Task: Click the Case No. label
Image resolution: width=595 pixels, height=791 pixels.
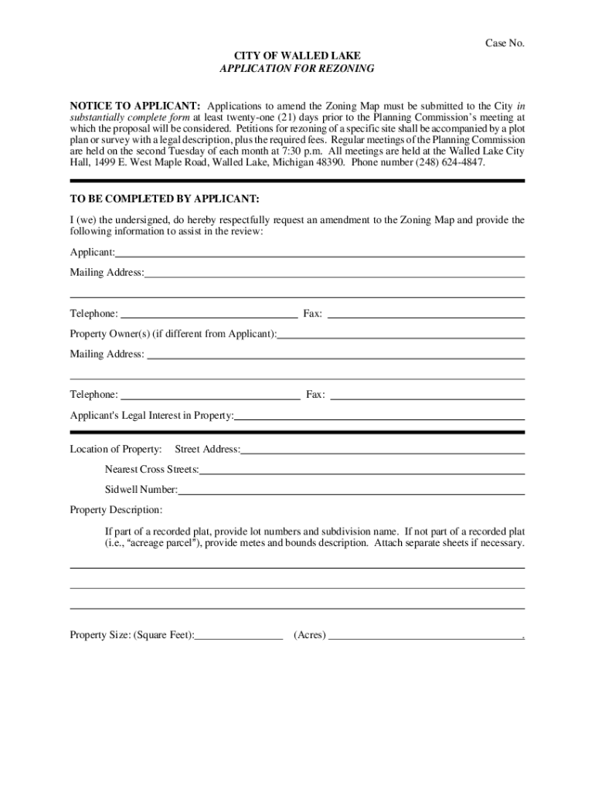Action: point(505,43)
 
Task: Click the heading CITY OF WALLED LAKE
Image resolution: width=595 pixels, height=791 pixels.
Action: point(297,56)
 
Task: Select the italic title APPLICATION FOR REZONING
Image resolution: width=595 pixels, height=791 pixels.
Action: point(297,69)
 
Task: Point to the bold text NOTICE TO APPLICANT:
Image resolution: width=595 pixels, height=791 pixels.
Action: point(135,106)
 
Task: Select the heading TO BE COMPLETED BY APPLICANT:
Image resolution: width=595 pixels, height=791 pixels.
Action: point(165,199)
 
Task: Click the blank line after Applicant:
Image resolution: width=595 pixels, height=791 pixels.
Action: point(320,254)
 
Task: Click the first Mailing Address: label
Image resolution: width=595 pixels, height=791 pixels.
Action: point(107,273)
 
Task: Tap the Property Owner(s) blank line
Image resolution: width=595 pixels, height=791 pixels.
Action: point(401,336)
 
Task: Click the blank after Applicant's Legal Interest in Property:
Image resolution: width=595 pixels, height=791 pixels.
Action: point(379,417)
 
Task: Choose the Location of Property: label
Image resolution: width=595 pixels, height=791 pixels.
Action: point(116,450)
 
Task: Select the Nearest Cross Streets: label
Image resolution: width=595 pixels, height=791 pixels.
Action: point(151,470)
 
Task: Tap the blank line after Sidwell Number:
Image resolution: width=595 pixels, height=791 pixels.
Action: point(352,491)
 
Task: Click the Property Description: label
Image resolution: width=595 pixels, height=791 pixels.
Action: point(116,510)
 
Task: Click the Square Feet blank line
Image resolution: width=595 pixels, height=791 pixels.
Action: point(239,637)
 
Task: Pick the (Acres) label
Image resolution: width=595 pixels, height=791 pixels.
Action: point(310,636)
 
